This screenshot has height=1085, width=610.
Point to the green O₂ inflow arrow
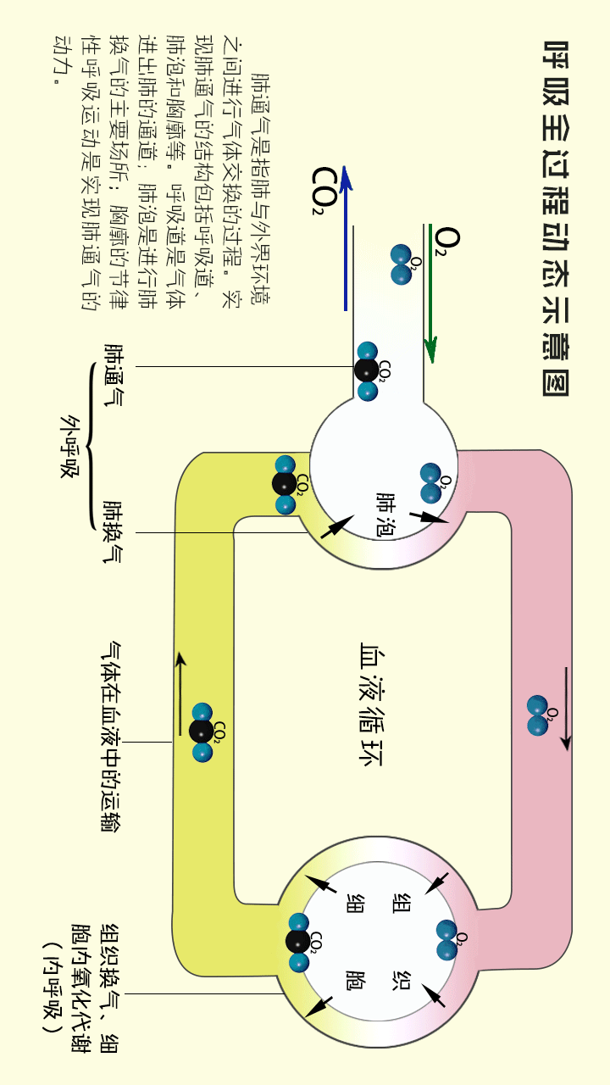pos(431,292)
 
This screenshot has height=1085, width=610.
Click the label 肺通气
pos(113,374)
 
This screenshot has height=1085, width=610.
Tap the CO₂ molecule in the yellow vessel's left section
pos(202,732)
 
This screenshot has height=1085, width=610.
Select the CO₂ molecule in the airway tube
pos(367,371)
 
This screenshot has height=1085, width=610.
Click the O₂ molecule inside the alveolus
pos(432,484)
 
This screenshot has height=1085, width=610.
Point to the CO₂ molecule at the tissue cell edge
pos(297,941)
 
